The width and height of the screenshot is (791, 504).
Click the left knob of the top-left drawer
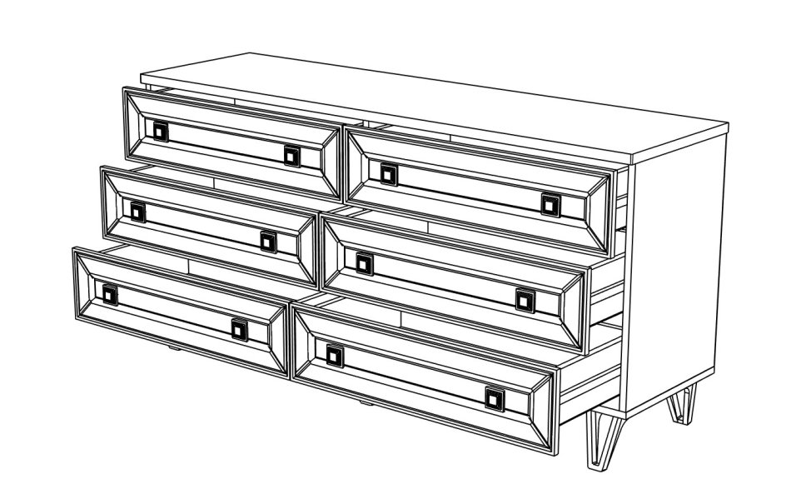pyautogui.click(x=159, y=130)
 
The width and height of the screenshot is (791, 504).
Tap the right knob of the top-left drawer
pyautogui.click(x=291, y=155)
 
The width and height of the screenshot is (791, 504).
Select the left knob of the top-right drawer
pyautogui.click(x=389, y=173)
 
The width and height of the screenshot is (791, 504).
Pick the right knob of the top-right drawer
pyautogui.click(x=550, y=203)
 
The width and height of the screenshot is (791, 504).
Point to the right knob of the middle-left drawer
pyautogui.click(x=267, y=241)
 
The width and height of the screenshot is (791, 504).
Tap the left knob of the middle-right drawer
pyautogui.click(x=364, y=263)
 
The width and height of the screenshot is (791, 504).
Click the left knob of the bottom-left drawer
pyautogui.click(x=110, y=294)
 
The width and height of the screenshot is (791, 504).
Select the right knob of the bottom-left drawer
pyautogui.click(x=240, y=330)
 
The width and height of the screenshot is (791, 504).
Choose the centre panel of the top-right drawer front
pyautogui.click(x=470, y=189)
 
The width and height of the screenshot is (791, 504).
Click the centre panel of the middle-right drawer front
pyautogui.click(x=445, y=282)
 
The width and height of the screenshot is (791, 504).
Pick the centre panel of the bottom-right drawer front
pyautogui.click(x=416, y=377)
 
